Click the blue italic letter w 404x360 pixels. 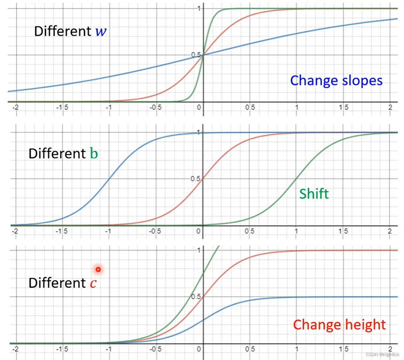click(101, 32)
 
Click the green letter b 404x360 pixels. click(94, 154)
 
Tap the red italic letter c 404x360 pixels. click(93, 283)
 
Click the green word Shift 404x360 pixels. click(314, 194)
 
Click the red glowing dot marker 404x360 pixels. click(98, 269)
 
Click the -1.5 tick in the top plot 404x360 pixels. click(62, 107)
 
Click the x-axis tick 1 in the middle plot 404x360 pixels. click(296, 231)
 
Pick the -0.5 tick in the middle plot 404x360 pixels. click(155, 231)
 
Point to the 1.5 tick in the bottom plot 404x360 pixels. click(343, 349)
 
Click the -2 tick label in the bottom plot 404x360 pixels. click(15, 349)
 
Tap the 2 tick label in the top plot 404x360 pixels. click(390, 107)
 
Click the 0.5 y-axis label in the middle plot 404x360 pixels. click(195, 179)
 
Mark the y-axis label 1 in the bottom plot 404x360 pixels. click(199, 250)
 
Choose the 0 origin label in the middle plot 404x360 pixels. click(199, 231)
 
